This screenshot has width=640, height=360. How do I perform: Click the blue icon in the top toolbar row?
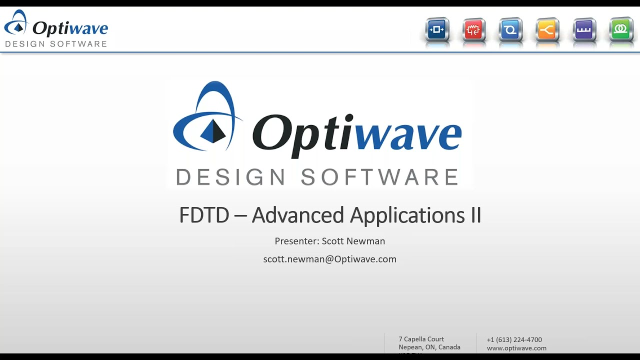pos(437,30)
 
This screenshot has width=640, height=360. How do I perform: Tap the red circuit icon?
pos(473,30)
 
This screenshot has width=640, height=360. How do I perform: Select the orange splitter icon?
pos(547,30)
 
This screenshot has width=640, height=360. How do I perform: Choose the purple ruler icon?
pos(584,30)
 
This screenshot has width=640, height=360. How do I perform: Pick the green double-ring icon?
pos(621,30)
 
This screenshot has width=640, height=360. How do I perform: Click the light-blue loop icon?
pos(510,30)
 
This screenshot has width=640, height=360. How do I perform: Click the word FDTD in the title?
pos(204,215)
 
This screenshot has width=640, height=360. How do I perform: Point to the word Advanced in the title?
pos(297,215)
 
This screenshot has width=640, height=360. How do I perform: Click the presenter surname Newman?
pos(365,241)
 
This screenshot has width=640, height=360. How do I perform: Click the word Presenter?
pos(296,241)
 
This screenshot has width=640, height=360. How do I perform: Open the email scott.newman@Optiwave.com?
pos(329,259)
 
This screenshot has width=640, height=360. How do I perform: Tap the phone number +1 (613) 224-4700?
pos(514,339)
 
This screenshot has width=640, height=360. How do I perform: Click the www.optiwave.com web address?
pos(516,348)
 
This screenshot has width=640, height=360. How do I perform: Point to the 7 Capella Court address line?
pos(421,339)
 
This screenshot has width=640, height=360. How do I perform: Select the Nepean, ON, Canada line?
pos(429,347)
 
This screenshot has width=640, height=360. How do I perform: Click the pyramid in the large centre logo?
pos(213,131)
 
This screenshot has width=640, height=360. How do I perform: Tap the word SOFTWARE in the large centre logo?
pos(379,177)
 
